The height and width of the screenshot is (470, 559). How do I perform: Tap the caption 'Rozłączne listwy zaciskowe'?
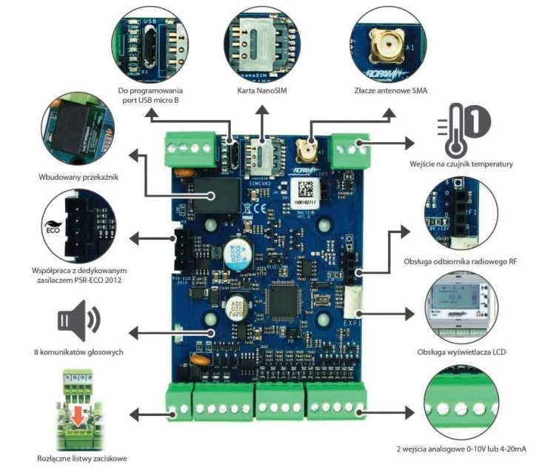(79, 457)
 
